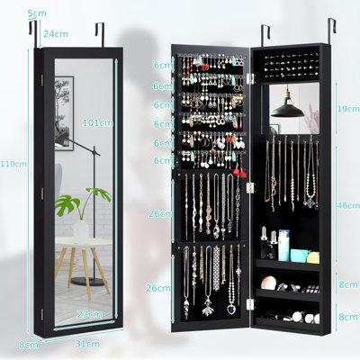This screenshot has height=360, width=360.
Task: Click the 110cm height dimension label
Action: [13, 164]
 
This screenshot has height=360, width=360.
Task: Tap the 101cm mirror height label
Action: [98, 122]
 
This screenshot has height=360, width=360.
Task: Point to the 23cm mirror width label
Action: [89, 314]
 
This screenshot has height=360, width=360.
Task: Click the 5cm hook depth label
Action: [37, 13]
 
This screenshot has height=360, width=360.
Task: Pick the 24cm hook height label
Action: [56, 34]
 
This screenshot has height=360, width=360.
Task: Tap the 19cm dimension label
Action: [348, 109]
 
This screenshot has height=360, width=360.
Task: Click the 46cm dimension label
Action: [348, 205]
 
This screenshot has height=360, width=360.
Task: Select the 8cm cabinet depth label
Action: [29, 346]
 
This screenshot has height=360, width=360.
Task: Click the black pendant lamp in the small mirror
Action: [288, 110]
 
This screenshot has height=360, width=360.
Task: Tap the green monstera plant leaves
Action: [81, 201]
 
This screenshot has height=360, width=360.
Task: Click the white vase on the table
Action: [81, 230]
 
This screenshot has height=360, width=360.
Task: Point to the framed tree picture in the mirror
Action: [64, 113]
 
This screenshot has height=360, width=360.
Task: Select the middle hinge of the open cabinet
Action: [250, 188]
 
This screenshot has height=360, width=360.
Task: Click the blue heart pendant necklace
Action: [231, 309]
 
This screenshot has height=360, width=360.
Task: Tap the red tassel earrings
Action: [239, 173]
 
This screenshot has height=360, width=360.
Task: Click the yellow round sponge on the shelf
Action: [313, 257]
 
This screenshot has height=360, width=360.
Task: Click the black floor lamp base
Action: [87, 281]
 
